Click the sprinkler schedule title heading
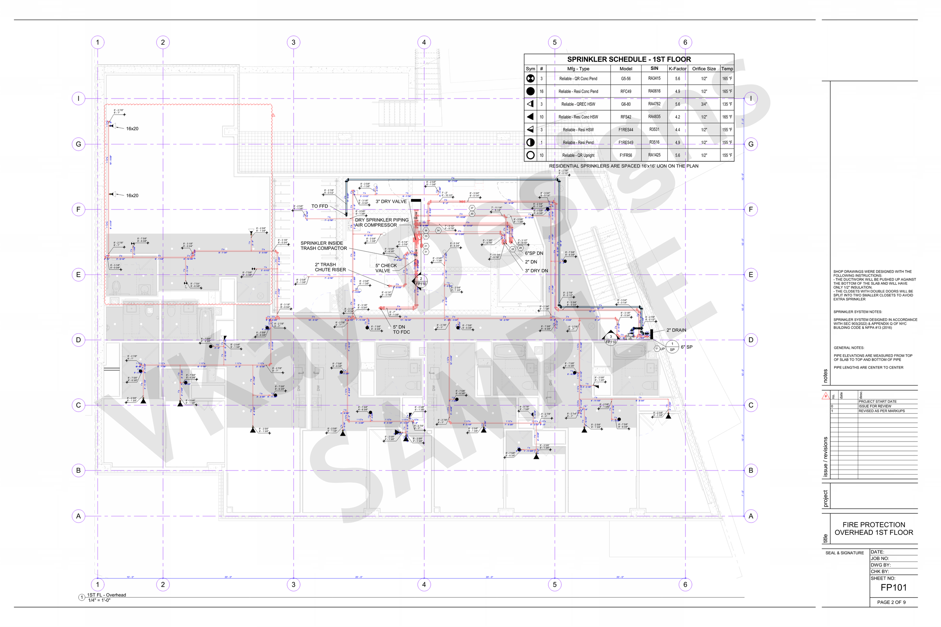click(629, 59)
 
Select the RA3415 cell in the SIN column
click(654, 78)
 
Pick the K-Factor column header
click(678, 69)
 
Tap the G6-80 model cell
click(626, 104)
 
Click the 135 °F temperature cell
click(727, 104)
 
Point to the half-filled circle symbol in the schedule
click(530, 142)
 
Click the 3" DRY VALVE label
click(391, 202)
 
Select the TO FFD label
click(320, 206)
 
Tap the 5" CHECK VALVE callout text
click(386, 268)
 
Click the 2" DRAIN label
click(676, 330)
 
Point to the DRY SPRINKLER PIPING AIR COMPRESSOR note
click(382, 222)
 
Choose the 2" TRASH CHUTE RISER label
click(330, 267)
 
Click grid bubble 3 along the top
click(293, 43)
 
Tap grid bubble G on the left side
click(78, 144)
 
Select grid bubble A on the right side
click(751, 516)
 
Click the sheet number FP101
click(894, 588)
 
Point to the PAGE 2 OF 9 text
click(891, 602)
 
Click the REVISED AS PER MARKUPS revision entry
click(882, 411)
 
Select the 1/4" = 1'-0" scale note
click(99, 600)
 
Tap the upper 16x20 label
click(132, 129)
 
